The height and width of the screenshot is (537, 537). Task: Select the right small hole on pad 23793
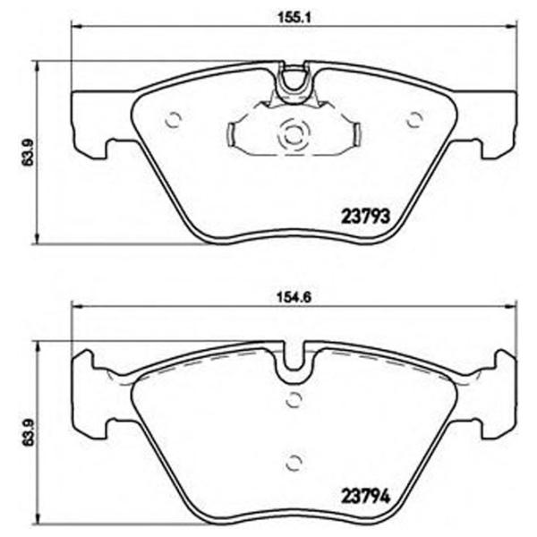tap(413, 118)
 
